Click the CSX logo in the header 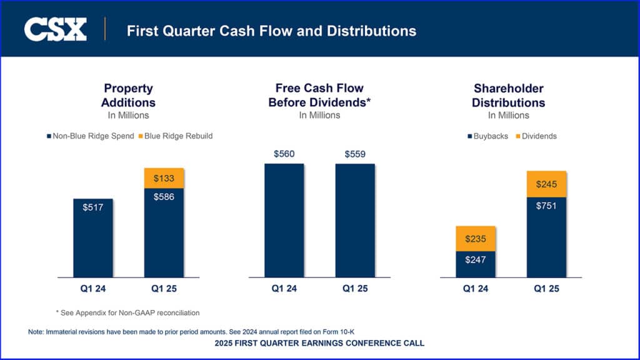pyautogui.click(x=55, y=29)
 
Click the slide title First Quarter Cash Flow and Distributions pyautogui.click(x=271, y=30)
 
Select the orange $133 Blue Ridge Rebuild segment pyautogui.click(x=164, y=178)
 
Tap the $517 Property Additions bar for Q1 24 pyautogui.click(x=93, y=237)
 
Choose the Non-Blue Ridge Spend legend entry pyautogui.click(x=91, y=136)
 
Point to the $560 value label pyautogui.click(x=284, y=154)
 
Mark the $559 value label pyautogui.click(x=355, y=154)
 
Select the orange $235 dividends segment pyautogui.click(x=476, y=239)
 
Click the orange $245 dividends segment pyautogui.click(x=546, y=184)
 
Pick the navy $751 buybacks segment pyautogui.click(x=546, y=237)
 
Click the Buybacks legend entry pyautogui.click(x=487, y=136)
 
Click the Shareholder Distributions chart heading pyautogui.click(x=508, y=96)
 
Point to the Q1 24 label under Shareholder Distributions pyautogui.click(x=476, y=289)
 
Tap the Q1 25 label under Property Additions pyautogui.click(x=164, y=289)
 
